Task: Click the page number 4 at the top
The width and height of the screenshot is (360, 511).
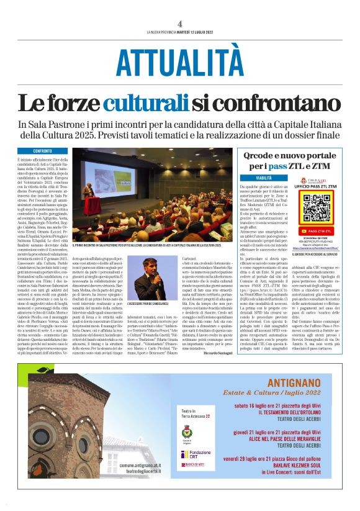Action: pyautogui.click(x=179, y=24)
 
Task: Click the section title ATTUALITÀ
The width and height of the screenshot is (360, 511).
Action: pyautogui.click(x=180, y=63)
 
